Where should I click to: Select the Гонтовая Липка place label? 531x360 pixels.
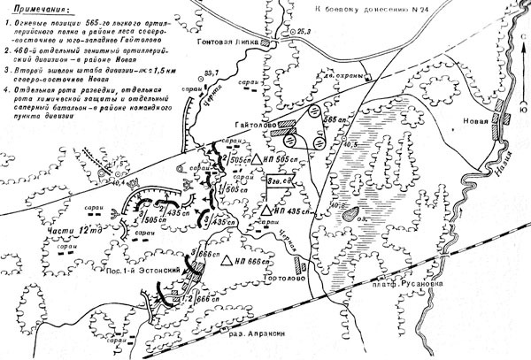[x=233, y=42]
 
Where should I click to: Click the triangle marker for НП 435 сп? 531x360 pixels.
[x=265, y=212]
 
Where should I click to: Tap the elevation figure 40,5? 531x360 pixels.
[x=351, y=142]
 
